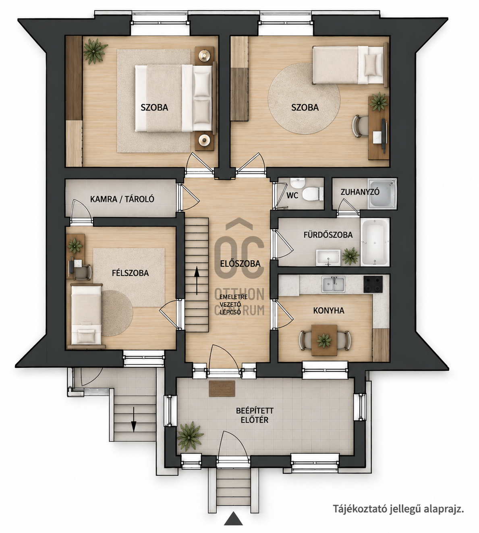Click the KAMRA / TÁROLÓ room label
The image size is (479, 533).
[122, 199]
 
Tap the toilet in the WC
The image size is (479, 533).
[313, 194]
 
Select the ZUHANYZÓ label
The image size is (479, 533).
[360, 192]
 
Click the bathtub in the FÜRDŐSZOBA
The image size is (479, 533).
[375, 242]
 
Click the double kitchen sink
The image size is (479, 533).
[333, 284]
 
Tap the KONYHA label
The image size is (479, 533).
[329, 311]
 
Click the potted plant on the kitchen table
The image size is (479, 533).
[324, 340]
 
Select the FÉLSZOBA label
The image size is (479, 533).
[130, 273]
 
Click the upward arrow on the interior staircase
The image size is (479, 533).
[197, 281]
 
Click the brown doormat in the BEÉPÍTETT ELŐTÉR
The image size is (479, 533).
[222, 389]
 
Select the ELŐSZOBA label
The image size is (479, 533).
[240, 263]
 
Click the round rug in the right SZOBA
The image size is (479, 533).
[304, 98]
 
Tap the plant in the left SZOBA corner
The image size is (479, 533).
[95, 51]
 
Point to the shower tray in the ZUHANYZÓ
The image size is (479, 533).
[382, 194]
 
